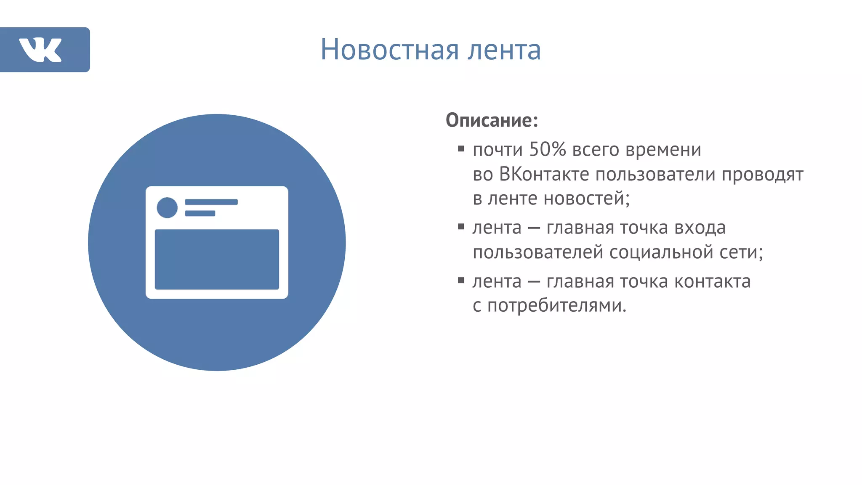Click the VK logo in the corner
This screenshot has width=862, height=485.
(41, 50)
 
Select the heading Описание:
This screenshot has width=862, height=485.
(492, 120)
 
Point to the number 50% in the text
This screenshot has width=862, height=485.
(547, 149)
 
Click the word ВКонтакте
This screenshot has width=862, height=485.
(544, 174)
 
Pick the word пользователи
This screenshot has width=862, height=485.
(656, 174)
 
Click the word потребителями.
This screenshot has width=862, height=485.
(557, 306)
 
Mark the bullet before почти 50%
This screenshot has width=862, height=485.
(461, 148)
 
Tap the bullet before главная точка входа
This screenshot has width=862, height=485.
(461, 227)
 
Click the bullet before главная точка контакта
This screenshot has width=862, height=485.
(461, 280)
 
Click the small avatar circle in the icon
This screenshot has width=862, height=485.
(167, 208)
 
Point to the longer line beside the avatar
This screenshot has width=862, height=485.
(211, 202)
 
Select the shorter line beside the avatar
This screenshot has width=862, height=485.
(200, 213)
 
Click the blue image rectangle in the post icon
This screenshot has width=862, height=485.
(217, 259)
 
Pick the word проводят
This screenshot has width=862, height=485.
(762, 174)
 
